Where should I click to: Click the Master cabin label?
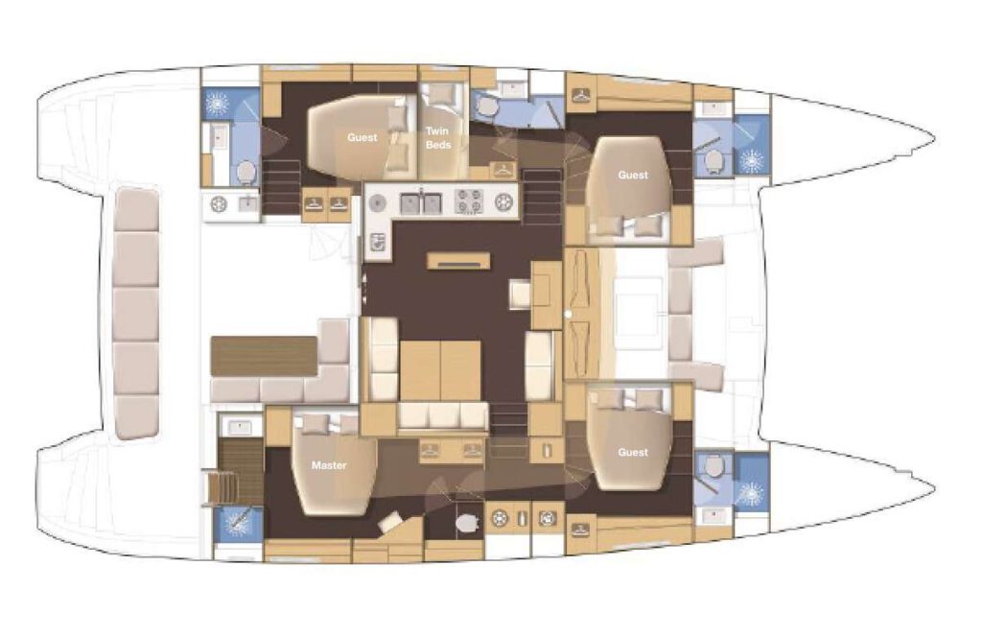click(x=329, y=465)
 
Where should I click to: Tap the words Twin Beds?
click(x=437, y=138)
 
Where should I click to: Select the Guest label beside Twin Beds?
click(x=362, y=137)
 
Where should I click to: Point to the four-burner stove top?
click(x=468, y=201)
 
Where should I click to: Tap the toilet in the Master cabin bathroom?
click(x=467, y=522)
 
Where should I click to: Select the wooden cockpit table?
click(x=264, y=357)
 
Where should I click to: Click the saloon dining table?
click(x=440, y=370)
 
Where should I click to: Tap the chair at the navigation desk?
click(x=520, y=295)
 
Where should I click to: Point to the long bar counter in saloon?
click(x=458, y=261)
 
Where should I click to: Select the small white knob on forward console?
click(x=568, y=313)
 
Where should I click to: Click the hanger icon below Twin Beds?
click(x=503, y=169)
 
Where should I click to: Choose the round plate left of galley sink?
click(x=376, y=203)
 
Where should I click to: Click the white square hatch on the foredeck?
click(x=638, y=316)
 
